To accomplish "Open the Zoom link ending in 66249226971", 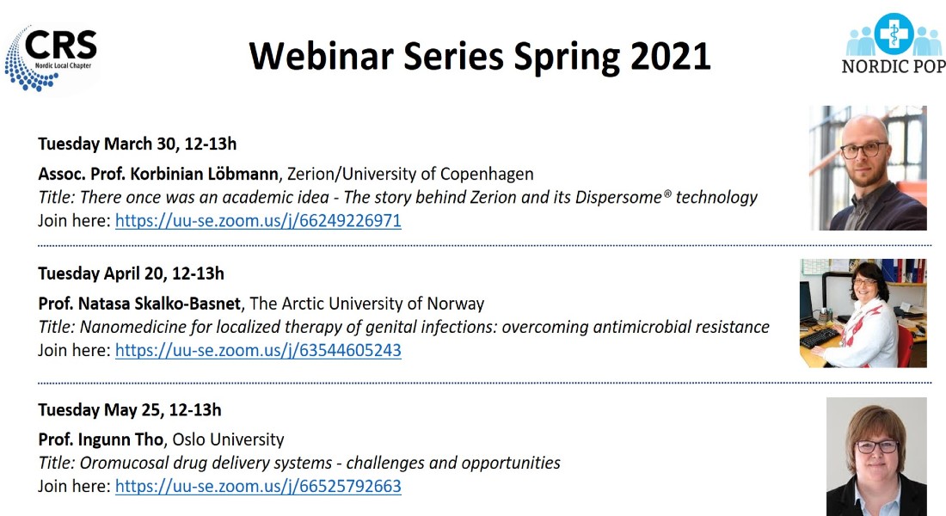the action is tap(258, 221).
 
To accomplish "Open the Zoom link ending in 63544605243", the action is tap(258, 351).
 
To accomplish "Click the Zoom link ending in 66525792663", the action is tap(258, 487).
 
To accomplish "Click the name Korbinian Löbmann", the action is tap(205, 174).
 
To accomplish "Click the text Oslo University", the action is tap(228, 440).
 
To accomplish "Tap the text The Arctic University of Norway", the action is tap(367, 304).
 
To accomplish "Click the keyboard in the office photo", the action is tap(820, 337).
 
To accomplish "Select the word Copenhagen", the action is tap(487, 175).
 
